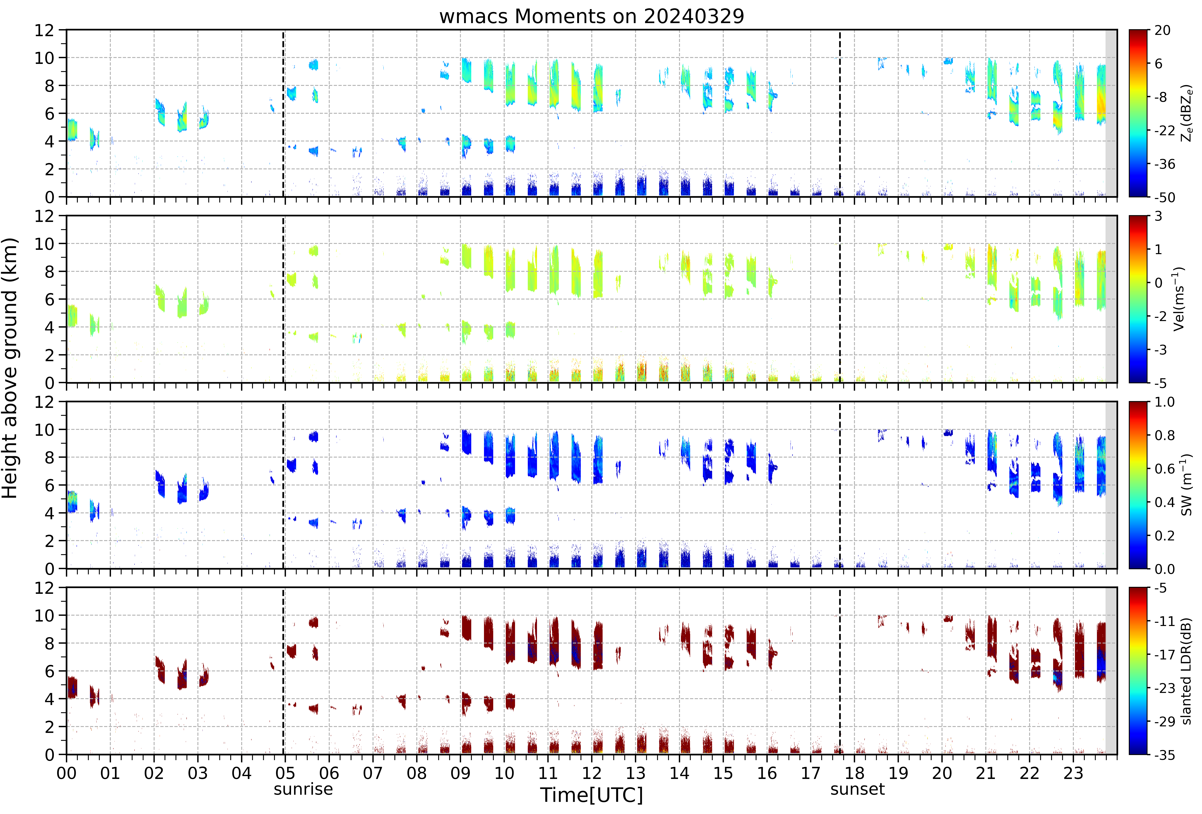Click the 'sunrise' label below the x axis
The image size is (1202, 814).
click(303, 789)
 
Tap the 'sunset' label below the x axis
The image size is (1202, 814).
click(857, 789)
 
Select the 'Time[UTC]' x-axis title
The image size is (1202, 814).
click(592, 795)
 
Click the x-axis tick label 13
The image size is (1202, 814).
click(636, 774)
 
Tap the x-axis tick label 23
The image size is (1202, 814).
click(1073, 774)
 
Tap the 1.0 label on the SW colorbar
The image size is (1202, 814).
click(1165, 402)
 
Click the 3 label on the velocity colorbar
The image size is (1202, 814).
click(1159, 216)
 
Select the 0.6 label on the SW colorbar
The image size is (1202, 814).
click(1165, 469)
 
